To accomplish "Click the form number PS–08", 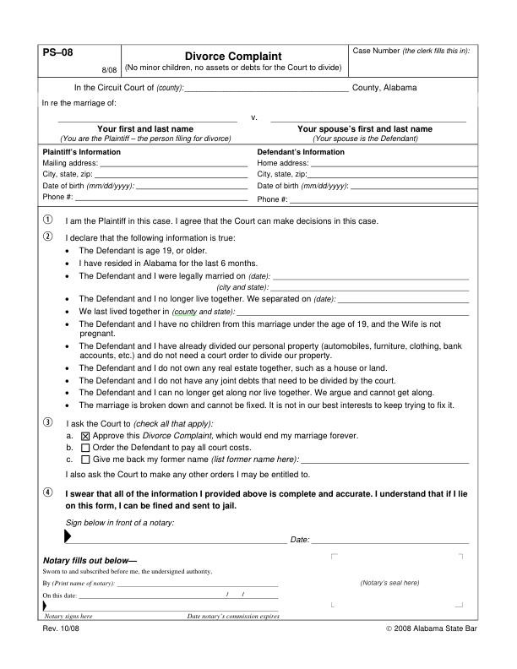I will click(x=57, y=52).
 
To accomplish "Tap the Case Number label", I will click(x=376, y=52).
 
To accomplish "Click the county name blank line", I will click(x=266, y=87).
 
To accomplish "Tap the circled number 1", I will click(x=47, y=221).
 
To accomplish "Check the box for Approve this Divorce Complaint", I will click(x=84, y=436).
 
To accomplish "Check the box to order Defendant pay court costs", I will click(x=84, y=448).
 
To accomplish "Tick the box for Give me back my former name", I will click(x=84, y=460).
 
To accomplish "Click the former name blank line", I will click(x=384, y=461).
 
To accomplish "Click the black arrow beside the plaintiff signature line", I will click(x=68, y=537).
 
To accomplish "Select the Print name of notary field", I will click(x=197, y=584).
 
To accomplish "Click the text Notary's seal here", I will click(x=389, y=583).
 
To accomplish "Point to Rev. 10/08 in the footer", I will click(x=61, y=630).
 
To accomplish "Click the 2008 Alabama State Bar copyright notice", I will click(x=431, y=630).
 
